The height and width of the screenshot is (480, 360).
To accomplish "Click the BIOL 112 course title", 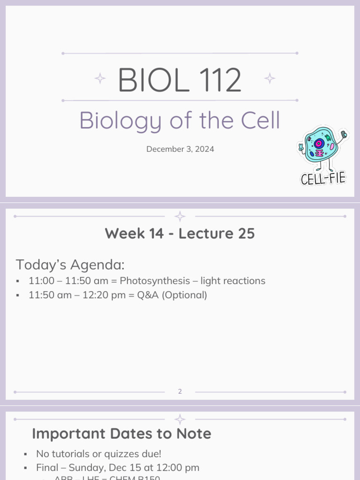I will pyautogui.click(x=180, y=80).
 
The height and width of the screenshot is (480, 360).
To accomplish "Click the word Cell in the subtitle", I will pyautogui.click(x=261, y=120).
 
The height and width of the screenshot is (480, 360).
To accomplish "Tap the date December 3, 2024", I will pyautogui.click(x=180, y=149).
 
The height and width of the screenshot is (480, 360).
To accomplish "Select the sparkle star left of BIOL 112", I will pyautogui.click(x=100, y=78).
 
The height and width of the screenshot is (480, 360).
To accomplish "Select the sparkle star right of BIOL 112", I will pyautogui.click(x=270, y=78).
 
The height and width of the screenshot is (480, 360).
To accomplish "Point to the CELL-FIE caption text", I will pyautogui.click(x=323, y=178).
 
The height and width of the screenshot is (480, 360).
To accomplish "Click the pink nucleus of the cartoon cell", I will pyautogui.click(x=319, y=143).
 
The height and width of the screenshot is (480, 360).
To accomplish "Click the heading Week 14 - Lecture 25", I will pyautogui.click(x=180, y=233).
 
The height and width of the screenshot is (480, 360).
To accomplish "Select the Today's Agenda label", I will pyautogui.click(x=70, y=265).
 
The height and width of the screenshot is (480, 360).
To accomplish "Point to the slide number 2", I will pyautogui.click(x=180, y=391).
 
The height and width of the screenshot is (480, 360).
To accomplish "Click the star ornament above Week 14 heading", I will pyautogui.click(x=180, y=216).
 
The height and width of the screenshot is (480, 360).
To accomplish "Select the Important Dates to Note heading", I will pyautogui.click(x=121, y=434).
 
